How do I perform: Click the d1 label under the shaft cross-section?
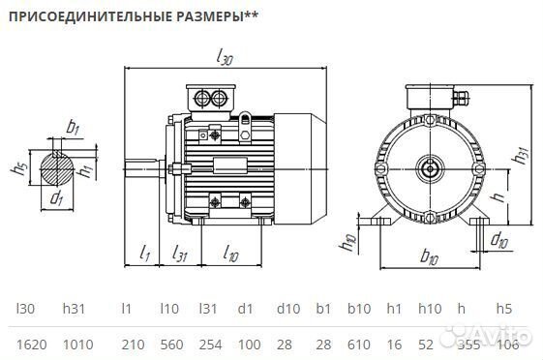click(x=57, y=199)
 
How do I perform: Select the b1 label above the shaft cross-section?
click(x=73, y=127)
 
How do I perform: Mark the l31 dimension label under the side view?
click(x=181, y=254)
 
